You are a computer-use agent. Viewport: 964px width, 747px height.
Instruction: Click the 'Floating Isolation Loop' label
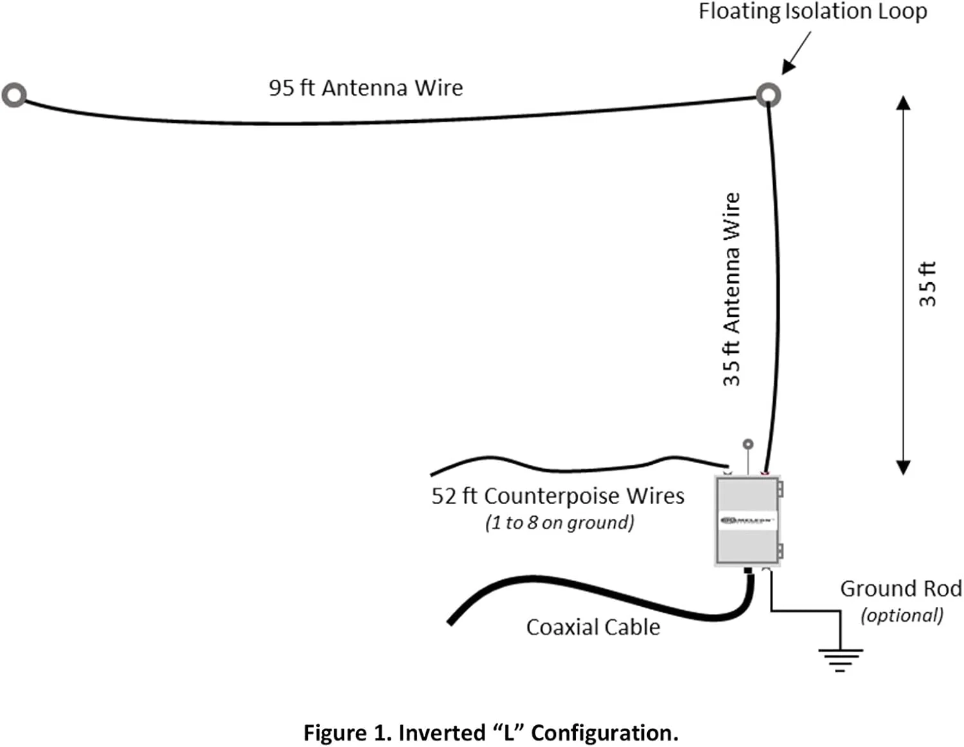coord(812,12)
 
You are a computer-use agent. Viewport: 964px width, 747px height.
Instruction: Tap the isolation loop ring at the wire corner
coord(768,95)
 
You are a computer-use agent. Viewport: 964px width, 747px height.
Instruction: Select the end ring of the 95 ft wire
coord(14,94)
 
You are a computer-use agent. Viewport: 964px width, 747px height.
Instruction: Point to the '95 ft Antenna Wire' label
coord(366,87)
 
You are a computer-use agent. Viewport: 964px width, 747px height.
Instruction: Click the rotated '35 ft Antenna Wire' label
coord(732,289)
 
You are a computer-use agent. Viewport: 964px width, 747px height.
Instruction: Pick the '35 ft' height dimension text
coord(927,283)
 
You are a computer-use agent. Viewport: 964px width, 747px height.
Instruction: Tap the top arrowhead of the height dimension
coord(904,103)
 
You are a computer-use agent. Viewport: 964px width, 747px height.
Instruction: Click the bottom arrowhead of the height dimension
coord(904,467)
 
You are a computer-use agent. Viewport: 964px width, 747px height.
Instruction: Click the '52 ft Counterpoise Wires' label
coord(557,496)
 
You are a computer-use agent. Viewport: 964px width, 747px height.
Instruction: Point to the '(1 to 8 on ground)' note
coord(560,523)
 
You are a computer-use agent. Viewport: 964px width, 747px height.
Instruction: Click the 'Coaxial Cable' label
coord(593,627)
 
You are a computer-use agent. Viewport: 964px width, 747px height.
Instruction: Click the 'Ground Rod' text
coord(901,588)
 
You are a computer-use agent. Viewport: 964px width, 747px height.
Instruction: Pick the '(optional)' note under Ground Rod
coord(902,615)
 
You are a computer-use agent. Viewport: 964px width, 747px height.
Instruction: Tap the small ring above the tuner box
coord(747,444)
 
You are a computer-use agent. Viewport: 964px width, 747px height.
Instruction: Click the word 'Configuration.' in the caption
coord(604,733)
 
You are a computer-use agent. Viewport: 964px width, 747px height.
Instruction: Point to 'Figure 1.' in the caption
coord(347,733)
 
